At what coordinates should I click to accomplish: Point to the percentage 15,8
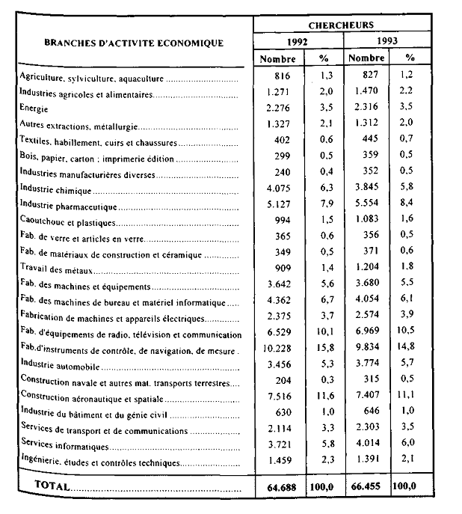click(324, 352)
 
